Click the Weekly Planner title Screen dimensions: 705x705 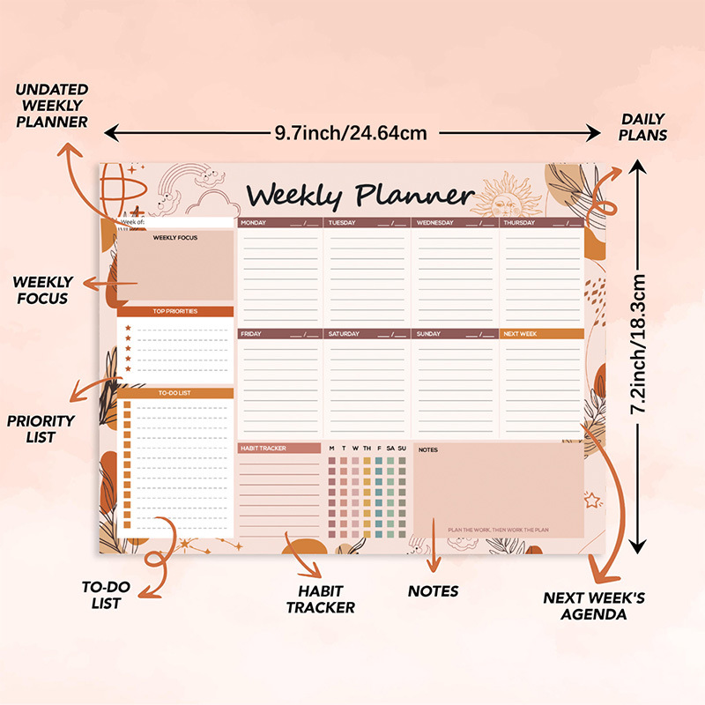360,195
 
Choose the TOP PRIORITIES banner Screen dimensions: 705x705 175,311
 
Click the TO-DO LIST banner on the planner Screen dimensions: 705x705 175,393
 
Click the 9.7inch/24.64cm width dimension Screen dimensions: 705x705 351,133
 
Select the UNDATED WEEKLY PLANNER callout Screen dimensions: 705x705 52,106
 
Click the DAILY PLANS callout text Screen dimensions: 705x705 643,127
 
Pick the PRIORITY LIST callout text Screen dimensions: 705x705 41,428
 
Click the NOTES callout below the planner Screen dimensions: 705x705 433,590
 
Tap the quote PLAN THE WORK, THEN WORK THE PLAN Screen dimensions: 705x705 498,530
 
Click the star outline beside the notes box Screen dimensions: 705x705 592,500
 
